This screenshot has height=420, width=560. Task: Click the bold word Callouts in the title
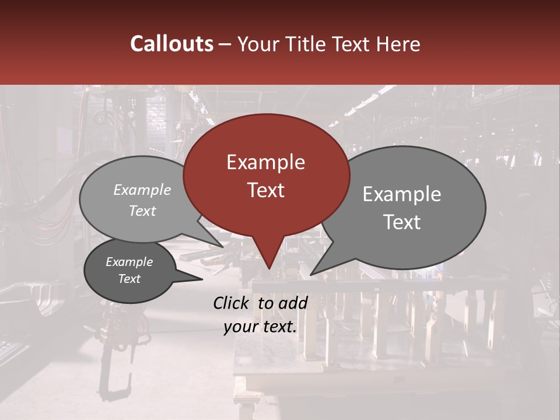click(171, 44)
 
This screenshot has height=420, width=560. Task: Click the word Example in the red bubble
click(265, 162)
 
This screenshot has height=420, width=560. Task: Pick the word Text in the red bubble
click(265, 190)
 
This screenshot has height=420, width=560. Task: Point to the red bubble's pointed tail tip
click(268, 269)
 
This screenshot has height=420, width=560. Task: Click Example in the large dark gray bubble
click(402, 194)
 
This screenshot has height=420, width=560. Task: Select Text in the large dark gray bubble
click(402, 222)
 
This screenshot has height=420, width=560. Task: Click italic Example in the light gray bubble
click(142, 190)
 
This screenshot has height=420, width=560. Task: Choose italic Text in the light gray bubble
click(142, 211)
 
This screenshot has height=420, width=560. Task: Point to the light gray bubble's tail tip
click(223, 247)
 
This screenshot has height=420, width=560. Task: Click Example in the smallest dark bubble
click(129, 262)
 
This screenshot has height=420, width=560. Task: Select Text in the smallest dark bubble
click(129, 279)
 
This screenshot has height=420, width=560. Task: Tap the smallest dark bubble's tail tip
click(202, 279)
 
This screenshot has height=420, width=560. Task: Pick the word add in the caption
click(293, 303)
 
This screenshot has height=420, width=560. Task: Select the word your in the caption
click(241, 327)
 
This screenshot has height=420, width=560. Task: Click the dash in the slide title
click(226, 44)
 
